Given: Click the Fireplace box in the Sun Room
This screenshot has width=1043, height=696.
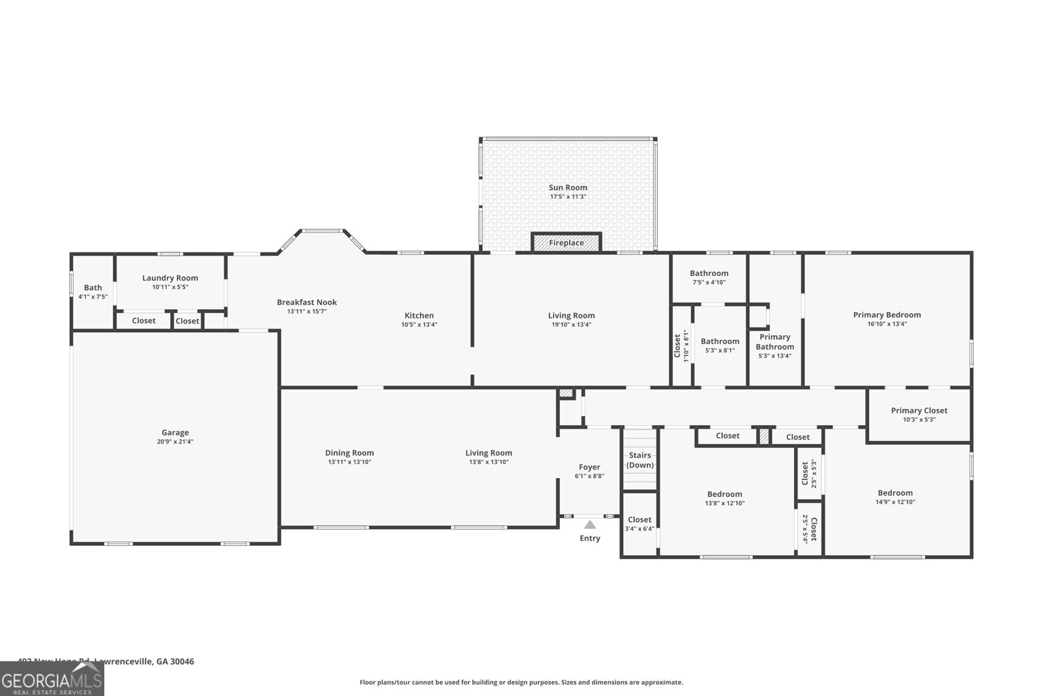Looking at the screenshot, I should click(566, 243).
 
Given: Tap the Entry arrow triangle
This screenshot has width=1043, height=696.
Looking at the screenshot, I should click(590, 524).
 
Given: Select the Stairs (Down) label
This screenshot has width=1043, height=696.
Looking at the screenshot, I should click(640, 460).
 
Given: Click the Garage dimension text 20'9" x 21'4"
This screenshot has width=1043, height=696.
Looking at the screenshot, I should click(175, 442).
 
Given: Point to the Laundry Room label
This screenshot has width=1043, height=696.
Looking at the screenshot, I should click(170, 278).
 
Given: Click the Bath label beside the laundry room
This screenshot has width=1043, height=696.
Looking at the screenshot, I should click(93, 288).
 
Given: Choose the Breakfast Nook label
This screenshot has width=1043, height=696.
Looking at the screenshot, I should click(306, 302).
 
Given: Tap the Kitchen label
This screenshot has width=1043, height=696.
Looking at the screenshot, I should click(419, 315).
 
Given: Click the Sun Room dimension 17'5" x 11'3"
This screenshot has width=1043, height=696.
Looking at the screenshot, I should click(568, 196).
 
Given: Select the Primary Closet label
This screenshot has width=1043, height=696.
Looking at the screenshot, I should click(919, 410).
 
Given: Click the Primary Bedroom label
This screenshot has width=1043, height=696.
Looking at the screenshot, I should click(887, 314).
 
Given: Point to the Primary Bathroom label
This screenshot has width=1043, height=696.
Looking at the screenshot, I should click(774, 342).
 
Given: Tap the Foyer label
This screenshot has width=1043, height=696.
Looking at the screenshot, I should click(589, 467).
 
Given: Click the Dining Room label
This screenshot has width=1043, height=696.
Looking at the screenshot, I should click(349, 453).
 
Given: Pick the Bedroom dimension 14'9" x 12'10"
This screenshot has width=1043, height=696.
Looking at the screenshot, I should click(895, 502).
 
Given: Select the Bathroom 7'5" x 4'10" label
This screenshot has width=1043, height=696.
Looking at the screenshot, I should click(709, 273).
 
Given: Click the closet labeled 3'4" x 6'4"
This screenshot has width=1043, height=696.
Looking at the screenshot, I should click(639, 524).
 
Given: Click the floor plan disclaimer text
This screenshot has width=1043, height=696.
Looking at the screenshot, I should click(521, 682).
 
